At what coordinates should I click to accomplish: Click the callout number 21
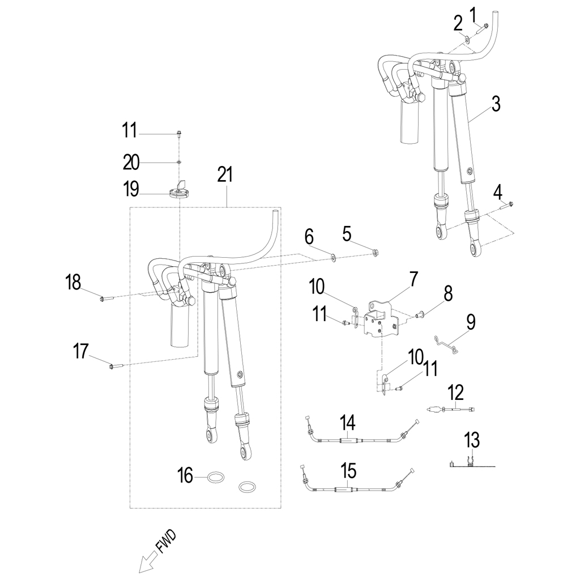[225, 175]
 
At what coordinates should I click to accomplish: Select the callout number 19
[131, 189]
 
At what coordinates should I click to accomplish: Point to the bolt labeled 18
[105, 297]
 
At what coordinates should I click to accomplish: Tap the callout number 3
[496, 104]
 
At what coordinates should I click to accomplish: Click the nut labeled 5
[376, 252]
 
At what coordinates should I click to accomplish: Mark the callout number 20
[131, 163]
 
